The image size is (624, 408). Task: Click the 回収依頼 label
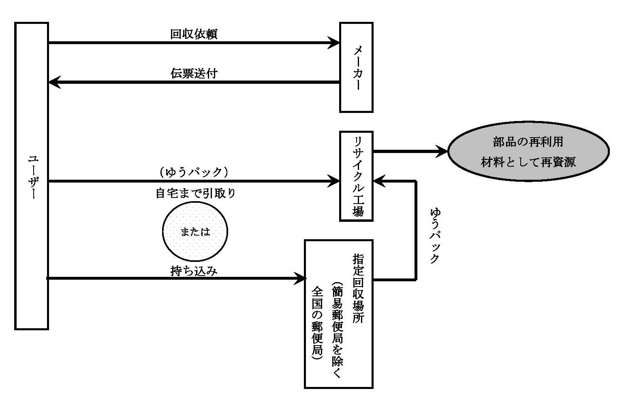point(194,34)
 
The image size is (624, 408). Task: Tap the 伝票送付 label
point(194,73)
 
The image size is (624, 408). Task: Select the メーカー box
point(356,67)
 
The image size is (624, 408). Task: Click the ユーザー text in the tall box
point(32,176)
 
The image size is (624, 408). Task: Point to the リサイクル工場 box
point(356,176)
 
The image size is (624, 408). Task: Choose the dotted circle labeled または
point(195,232)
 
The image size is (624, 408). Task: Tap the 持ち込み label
point(194,270)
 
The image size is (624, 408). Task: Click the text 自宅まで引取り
point(196,193)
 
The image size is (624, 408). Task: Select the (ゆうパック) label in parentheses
point(194,172)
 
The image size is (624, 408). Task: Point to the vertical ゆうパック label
point(434,236)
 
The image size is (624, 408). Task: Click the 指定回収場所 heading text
point(358,288)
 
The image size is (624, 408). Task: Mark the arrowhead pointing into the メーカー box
point(335,42)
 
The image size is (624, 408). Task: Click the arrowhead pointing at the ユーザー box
point(54,82)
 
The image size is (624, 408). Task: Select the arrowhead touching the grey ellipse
point(442,152)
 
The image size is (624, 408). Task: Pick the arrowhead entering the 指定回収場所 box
point(300,278)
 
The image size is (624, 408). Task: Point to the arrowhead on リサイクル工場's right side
point(378,181)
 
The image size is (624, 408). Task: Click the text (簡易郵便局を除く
point(337,332)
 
